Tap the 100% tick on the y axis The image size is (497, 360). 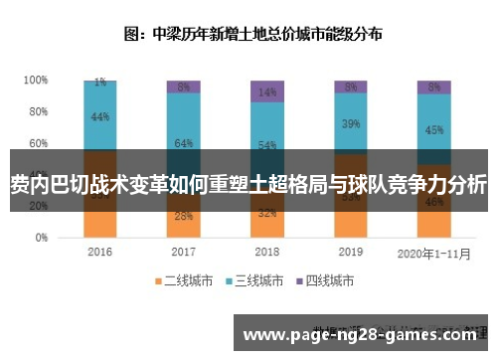(x=36, y=80)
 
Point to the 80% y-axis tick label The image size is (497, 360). (x=38, y=111)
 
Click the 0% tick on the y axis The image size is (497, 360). (x=41, y=239)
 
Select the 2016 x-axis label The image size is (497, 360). (x=100, y=253)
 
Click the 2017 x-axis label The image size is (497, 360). (x=183, y=253)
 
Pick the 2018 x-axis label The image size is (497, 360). (x=267, y=253)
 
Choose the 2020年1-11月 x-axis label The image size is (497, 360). (x=433, y=253)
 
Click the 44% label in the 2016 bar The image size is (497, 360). (x=100, y=116)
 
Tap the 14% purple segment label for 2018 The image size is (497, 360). (x=267, y=91)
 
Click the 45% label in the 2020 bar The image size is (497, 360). (x=434, y=129)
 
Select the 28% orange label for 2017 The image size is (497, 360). (x=183, y=216)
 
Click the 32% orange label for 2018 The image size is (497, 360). (x=267, y=213)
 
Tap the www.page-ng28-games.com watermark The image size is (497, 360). (x=364, y=336)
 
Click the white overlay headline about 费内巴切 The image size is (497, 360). (x=248, y=185)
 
